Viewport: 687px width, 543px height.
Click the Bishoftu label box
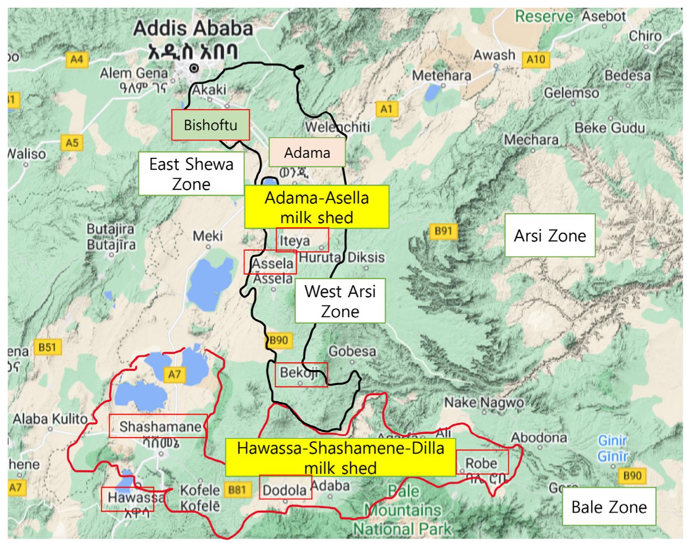click(x=210, y=125)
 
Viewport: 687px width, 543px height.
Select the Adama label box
click(x=307, y=152)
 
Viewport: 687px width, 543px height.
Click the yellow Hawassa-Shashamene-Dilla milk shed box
click(x=340, y=458)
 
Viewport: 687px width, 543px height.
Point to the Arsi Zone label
click(x=550, y=235)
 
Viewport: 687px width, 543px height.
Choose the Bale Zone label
click(x=608, y=506)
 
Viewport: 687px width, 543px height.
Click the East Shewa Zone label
click(x=191, y=174)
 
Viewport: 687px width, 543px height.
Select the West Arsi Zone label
click(x=340, y=301)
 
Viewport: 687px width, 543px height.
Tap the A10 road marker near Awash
click(x=536, y=59)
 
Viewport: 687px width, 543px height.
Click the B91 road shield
click(x=443, y=231)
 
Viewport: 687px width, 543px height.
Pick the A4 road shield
click(x=77, y=60)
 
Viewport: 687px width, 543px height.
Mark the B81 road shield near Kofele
click(x=237, y=490)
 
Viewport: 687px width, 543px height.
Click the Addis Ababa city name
click(x=193, y=29)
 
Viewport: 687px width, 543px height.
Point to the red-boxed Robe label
click(x=482, y=462)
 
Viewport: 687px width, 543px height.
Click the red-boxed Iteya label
click(x=302, y=240)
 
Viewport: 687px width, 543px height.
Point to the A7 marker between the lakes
click(x=174, y=374)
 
